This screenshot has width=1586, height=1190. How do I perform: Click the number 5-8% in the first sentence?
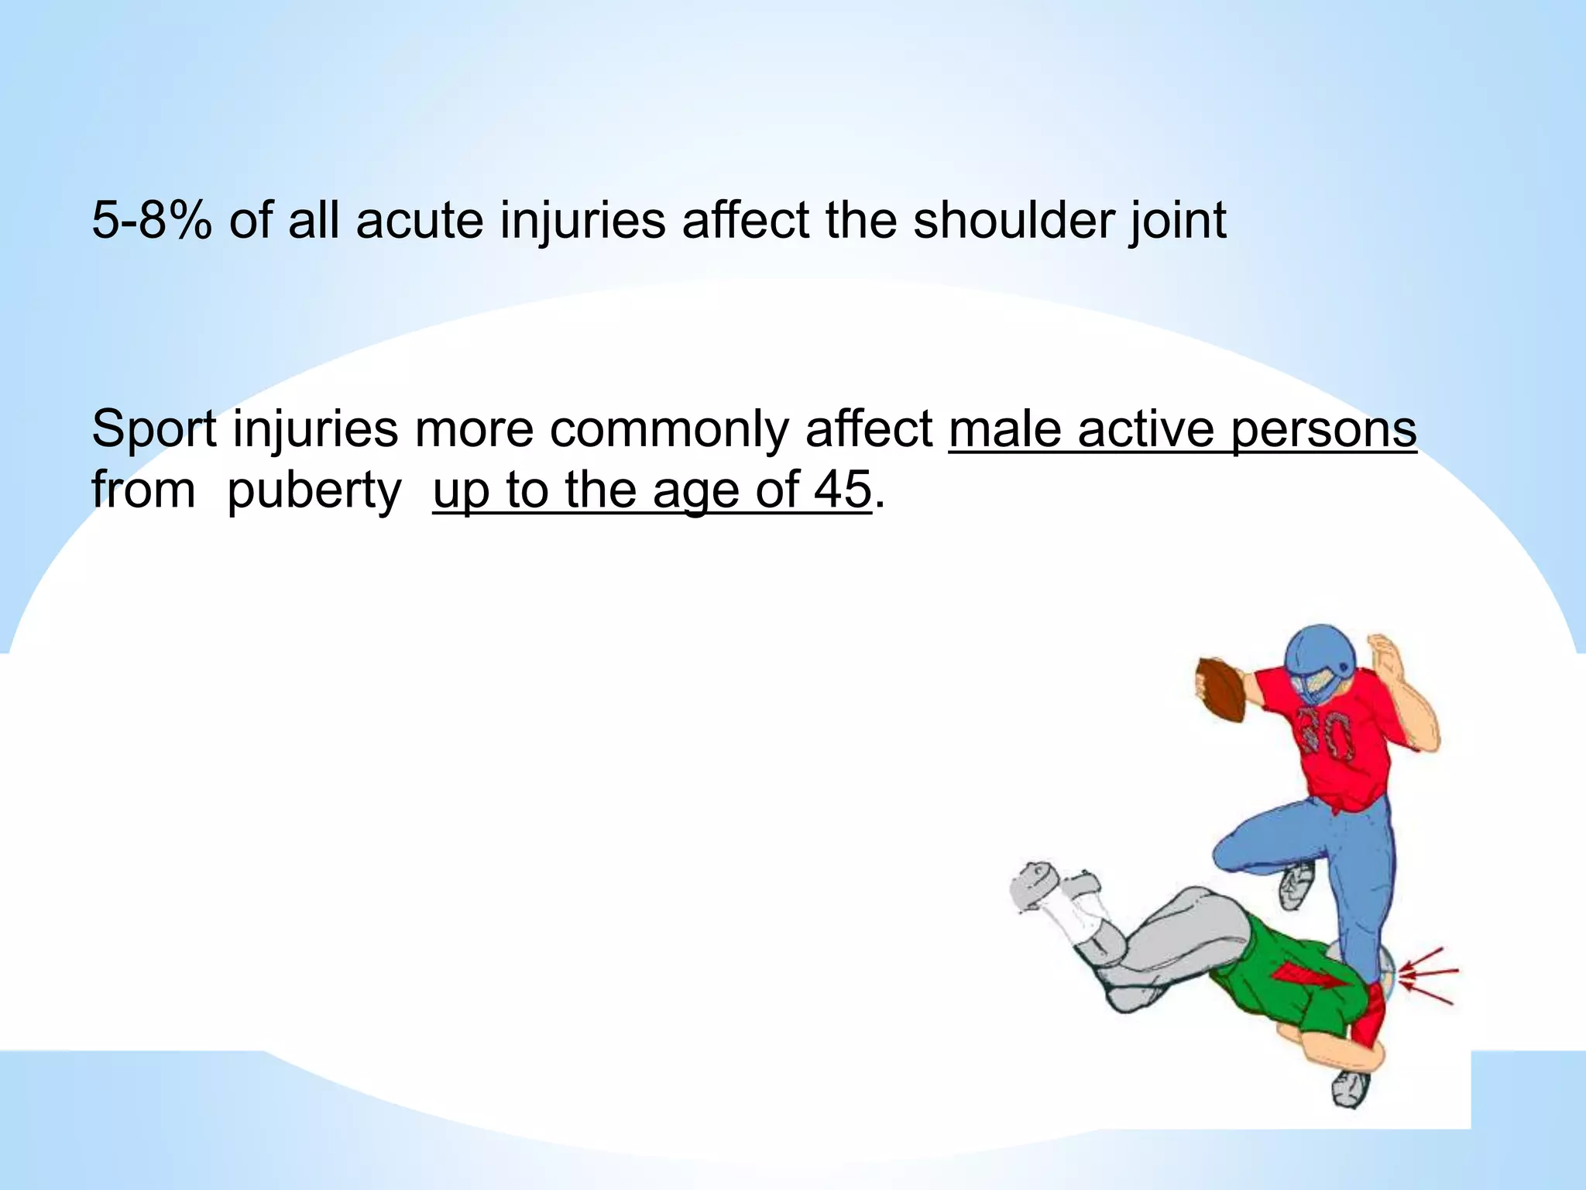(152, 221)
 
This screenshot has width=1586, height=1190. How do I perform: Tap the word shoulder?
(1011, 221)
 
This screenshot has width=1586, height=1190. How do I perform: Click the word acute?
(419, 221)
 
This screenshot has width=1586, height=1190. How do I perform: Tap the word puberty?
(314, 490)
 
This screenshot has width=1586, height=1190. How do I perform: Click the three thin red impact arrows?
(1429, 975)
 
